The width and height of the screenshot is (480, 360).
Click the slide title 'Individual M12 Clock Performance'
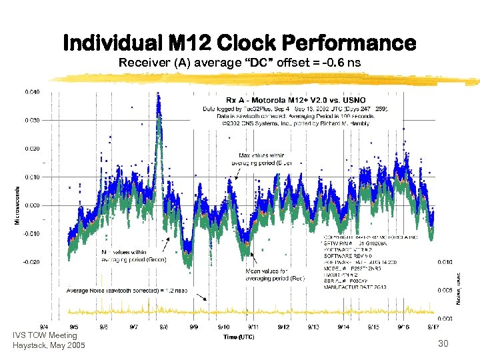239,43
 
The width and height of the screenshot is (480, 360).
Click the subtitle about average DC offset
239,64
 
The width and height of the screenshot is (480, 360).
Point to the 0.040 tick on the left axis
32,91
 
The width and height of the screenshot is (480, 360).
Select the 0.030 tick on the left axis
32,120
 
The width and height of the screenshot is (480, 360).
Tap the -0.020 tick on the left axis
31,262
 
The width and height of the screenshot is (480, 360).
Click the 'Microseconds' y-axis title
17,205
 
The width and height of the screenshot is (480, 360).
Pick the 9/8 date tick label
164,327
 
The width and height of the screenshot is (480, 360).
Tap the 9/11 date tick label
254,327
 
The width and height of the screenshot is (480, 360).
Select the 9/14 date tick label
343,327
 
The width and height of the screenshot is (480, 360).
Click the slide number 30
443,343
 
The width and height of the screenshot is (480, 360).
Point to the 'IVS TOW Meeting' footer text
45,335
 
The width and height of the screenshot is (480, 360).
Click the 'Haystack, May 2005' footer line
49,345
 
